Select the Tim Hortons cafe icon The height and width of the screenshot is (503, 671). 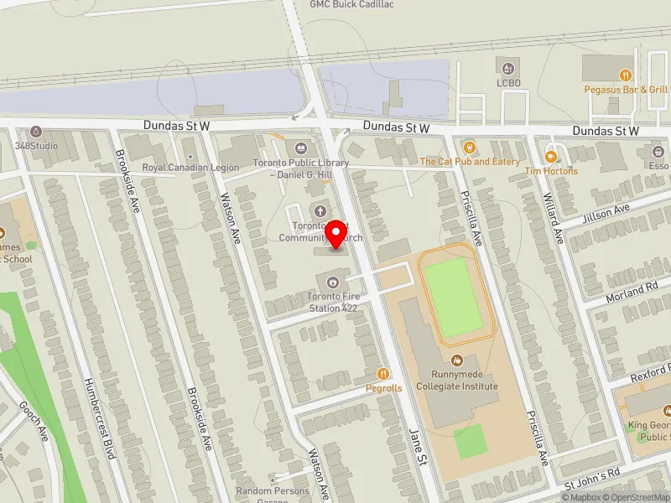[552, 155]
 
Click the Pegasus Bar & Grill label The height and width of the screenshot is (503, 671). [627, 90]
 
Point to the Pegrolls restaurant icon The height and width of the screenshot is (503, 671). [384, 373]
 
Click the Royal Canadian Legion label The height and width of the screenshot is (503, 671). [190, 168]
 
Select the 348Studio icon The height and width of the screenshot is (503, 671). [36, 132]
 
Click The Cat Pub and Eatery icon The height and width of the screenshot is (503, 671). [469, 147]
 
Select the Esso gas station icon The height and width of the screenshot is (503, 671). [657, 152]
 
